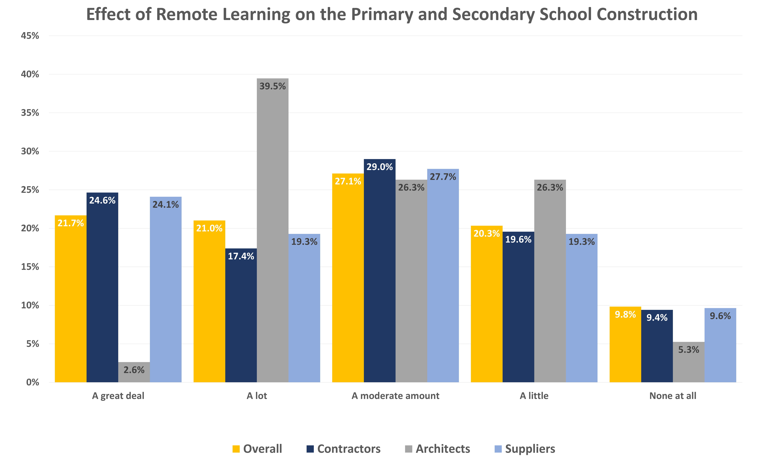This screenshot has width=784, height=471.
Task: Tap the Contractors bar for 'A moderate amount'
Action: (x=379, y=273)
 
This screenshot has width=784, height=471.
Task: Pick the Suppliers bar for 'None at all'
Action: (x=720, y=346)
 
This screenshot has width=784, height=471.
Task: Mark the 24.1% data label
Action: (x=165, y=205)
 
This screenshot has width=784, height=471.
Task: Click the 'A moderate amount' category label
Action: (x=395, y=396)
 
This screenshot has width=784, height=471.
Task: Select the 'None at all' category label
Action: (x=673, y=396)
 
